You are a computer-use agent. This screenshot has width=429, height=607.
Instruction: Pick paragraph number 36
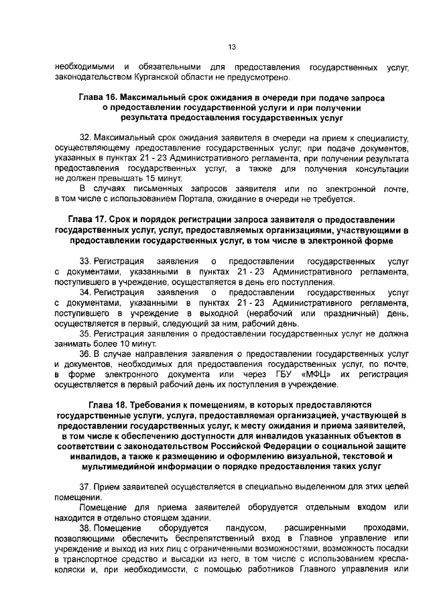pyautogui.click(x=84, y=353)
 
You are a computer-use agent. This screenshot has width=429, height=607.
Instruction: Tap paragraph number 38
pyautogui.click(x=84, y=528)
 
